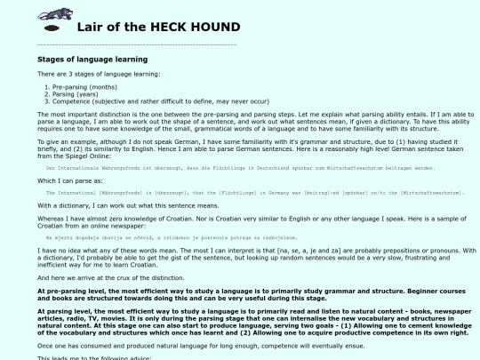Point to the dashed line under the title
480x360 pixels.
137,44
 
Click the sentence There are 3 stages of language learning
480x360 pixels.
99,74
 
